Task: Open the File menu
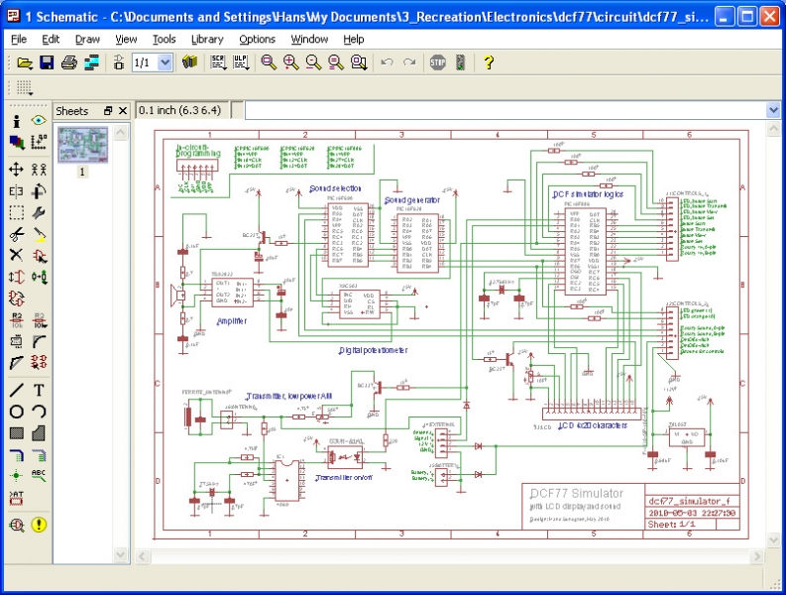[x=19, y=39]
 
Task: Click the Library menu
[x=207, y=39]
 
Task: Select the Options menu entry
[x=257, y=39]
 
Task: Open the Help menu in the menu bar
[x=354, y=39]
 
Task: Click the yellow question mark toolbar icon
[x=489, y=62]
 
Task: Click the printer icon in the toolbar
[x=69, y=62]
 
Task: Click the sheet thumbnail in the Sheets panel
[x=82, y=146]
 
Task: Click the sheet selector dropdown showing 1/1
[x=152, y=62]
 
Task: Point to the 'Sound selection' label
[x=335, y=187]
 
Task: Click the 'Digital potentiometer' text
[x=373, y=350]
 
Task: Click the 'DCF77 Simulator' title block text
[x=576, y=493]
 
